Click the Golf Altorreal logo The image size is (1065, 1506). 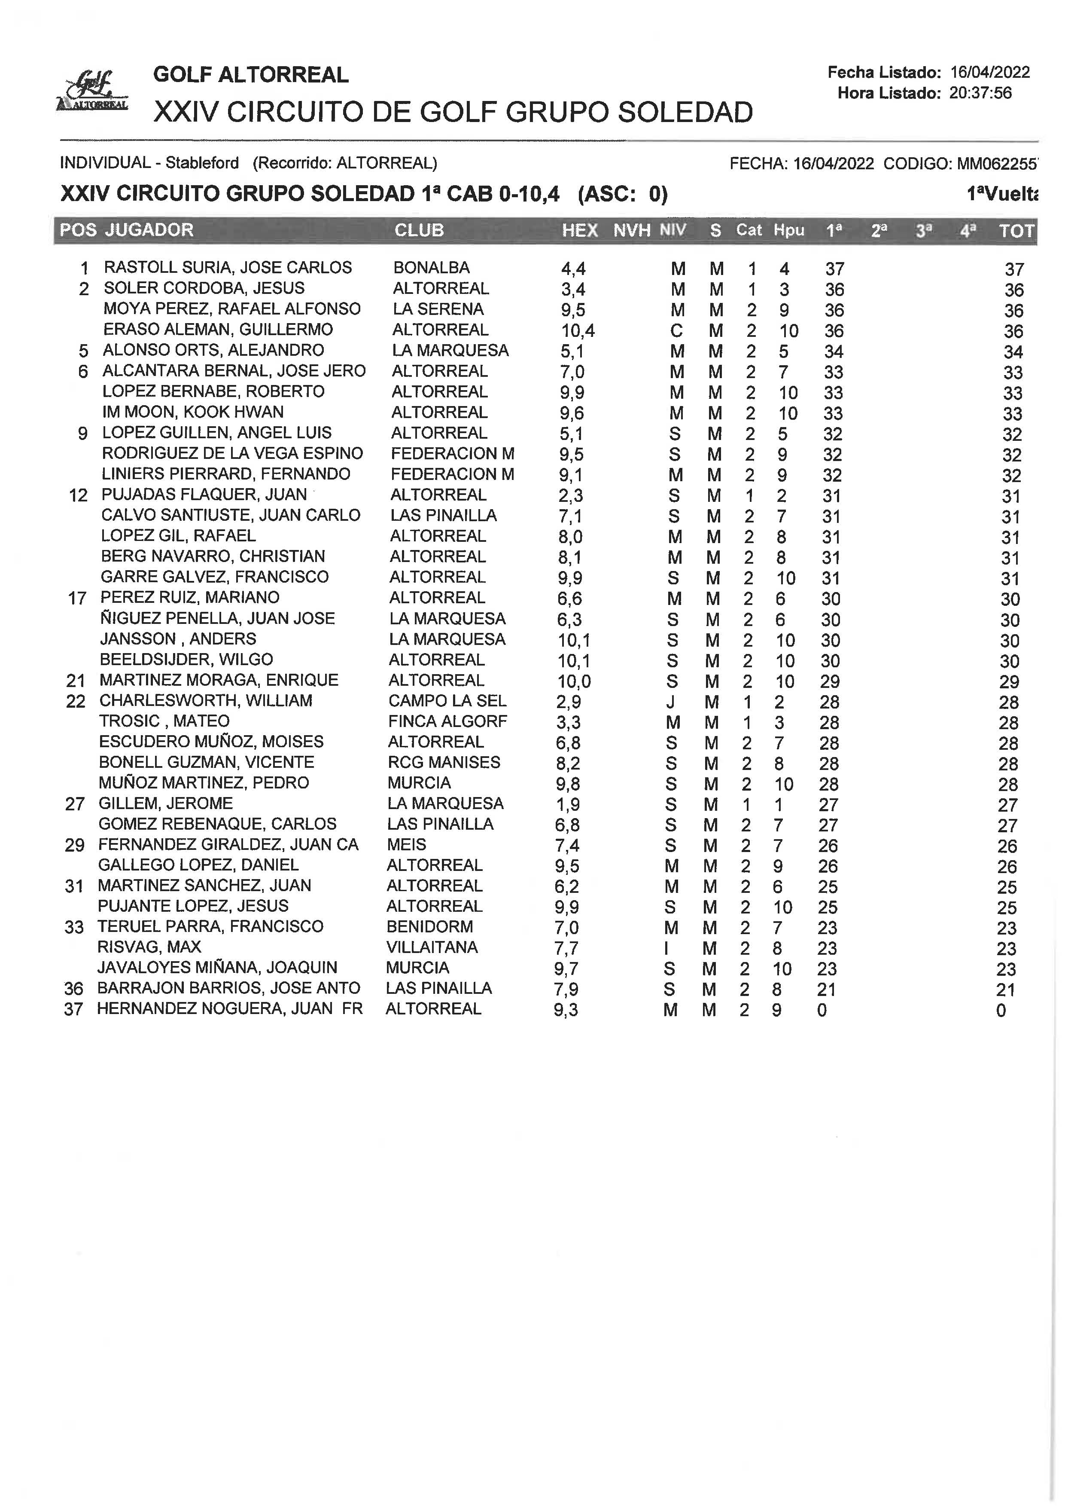click(92, 91)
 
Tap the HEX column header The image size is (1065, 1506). click(580, 230)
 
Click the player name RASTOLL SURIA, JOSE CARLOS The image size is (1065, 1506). click(228, 268)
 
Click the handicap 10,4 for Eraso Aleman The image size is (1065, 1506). click(578, 331)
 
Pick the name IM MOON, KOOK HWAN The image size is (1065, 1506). click(193, 412)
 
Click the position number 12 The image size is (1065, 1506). click(78, 495)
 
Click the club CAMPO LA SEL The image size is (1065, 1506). click(447, 701)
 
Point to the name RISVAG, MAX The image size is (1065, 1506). click(149, 947)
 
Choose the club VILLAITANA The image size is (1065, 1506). click(432, 947)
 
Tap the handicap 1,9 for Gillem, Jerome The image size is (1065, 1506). click(567, 804)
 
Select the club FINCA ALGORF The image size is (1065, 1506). click(447, 721)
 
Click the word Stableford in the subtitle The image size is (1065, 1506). click(202, 163)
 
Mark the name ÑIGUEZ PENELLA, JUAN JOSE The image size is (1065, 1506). click(217, 618)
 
